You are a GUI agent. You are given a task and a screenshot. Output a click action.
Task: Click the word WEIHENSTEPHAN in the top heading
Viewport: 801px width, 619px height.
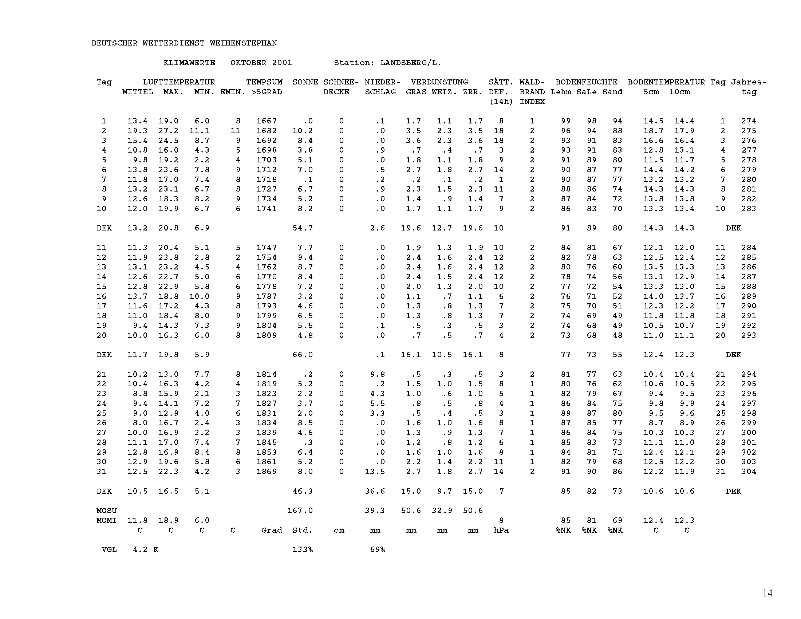pos(243,43)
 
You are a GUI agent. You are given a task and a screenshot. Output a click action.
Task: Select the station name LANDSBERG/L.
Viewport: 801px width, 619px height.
pos(411,63)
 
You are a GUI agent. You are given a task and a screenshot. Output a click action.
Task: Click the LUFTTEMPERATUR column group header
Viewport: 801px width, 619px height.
pos(179,82)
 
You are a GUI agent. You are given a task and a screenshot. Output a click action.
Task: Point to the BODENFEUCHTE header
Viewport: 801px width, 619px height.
pos(587,82)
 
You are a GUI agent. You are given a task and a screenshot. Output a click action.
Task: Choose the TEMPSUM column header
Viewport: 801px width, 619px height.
pos(264,82)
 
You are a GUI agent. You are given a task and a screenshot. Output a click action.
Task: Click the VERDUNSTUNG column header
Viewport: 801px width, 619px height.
pos(439,82)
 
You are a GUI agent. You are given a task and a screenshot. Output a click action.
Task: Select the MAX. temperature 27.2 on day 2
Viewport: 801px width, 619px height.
pos(168,131)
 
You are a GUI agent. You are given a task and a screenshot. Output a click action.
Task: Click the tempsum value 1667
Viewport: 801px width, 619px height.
pos(266,121)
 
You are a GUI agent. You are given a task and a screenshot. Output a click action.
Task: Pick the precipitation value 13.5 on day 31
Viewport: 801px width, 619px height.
pos(375,472)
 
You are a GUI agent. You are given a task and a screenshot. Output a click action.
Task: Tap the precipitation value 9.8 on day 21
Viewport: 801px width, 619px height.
pos(378,374)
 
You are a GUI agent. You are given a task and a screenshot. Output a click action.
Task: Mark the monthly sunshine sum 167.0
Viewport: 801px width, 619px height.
pos(300,510)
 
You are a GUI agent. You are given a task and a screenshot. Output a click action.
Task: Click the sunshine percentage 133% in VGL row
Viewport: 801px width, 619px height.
pos(303,550)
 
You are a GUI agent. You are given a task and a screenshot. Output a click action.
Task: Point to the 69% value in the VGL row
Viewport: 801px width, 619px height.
pos(378,550)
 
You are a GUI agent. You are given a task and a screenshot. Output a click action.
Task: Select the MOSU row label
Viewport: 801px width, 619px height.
pos(107,510)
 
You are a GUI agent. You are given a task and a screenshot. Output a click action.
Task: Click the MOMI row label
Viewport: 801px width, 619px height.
pos(107,520)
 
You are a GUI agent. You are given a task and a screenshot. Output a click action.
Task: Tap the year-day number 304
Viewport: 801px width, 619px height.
pos(749,472)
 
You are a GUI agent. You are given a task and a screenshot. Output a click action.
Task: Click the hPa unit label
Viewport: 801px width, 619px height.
pos(501,530)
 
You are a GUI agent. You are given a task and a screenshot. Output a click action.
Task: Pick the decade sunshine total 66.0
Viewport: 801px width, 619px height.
pos(303,355)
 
